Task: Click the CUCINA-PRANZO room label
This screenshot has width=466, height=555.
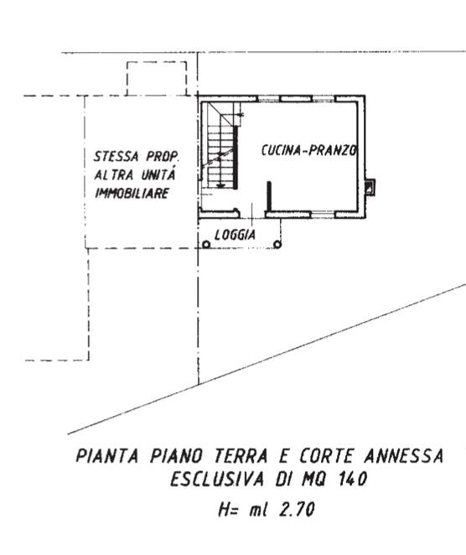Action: click(309, 150)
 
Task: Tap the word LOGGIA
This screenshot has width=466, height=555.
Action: click(235, 235)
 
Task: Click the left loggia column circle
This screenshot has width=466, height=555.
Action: click(206, 244)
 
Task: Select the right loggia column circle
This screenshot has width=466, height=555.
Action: click(277, 244)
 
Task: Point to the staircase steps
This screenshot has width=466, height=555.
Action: click(220, 153)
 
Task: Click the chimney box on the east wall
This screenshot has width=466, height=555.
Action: click(370, 186)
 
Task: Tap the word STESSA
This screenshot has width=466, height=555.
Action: click(116, 156)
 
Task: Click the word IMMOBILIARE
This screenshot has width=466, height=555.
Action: click(132, 194)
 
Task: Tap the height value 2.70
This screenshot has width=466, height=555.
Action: click(297, 510)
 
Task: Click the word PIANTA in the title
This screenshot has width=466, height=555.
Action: click(106, 455)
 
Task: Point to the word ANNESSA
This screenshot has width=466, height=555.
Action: click(403, 455)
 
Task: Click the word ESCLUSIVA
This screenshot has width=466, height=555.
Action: click(217, 480)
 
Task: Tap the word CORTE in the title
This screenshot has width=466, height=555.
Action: click(326, 455)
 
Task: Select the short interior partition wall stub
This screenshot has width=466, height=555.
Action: click(269, 196)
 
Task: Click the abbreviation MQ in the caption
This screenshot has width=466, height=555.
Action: click(313, 480)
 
